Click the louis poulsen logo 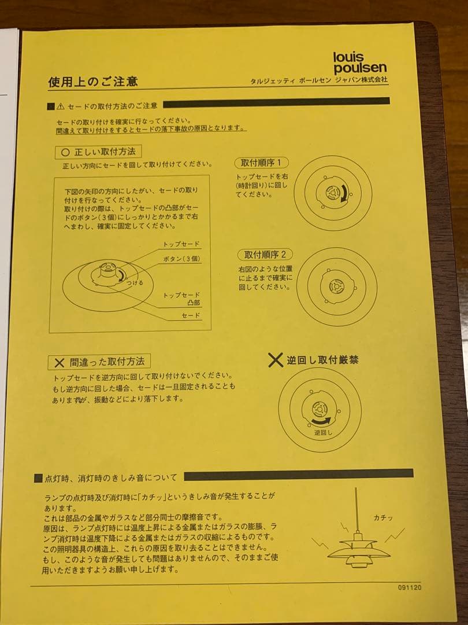360,63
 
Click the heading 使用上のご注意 92,82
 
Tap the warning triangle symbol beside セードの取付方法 61,106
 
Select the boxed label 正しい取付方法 98,152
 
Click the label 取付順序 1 261,163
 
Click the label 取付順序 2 265,254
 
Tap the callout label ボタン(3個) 181,259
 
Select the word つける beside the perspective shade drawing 135,282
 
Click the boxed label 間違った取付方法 99,362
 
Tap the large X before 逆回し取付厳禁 275,360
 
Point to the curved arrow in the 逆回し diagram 321,421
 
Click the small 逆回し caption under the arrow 323,432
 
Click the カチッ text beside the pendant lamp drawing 383,518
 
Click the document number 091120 410,587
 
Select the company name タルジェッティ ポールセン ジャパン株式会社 319,80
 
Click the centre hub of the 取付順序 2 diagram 336,286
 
